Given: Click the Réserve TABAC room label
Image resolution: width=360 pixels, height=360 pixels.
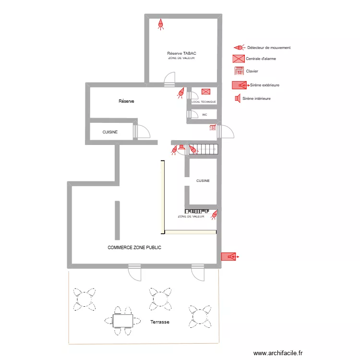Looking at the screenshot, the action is click(x=181, y=53).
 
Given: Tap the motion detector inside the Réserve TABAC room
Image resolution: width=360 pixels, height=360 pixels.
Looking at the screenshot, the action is click(x=161, y=24).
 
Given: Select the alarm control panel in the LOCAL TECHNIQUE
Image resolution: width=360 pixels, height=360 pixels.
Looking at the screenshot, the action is click(x=206, y=92).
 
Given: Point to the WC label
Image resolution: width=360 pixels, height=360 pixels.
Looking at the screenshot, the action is click(x=204, y=115).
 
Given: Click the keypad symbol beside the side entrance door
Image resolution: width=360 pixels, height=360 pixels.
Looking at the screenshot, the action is click(x=213, y=127).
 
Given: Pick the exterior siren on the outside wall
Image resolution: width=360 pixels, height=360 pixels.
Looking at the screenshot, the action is click(x=230, y=256).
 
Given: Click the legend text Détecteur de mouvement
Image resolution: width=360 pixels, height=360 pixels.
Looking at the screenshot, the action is click(x=269, y=48).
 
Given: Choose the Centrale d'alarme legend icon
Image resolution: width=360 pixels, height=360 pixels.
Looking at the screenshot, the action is click(x=239, y=59).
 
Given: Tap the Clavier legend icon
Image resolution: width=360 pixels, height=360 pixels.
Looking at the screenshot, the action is click(x=239, y=71).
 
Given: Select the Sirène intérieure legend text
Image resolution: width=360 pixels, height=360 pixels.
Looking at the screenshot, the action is click(x=256, y=98).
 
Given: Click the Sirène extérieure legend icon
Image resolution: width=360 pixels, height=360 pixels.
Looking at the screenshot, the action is click(x=240, y=85).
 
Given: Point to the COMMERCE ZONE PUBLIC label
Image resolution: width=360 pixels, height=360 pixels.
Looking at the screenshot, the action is click(x=134, y=248).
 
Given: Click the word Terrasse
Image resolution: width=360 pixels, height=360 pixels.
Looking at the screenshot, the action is click(x=160, y=322).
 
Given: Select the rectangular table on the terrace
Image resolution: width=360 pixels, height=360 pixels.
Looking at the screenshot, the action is click(x=123, y=321).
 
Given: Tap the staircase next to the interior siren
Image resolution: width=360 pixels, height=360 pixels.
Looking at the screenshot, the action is click(x=203, y=149).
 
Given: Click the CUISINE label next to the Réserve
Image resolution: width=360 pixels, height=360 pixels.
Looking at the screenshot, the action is click(x=110, y=132).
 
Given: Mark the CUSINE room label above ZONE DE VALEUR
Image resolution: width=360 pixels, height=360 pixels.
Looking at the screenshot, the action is click(x=203, y=180).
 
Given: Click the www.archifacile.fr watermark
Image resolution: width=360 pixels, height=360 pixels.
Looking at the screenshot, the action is click(x=278, y=353).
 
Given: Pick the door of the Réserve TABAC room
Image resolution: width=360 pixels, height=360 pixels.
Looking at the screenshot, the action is click(x=169, y=79).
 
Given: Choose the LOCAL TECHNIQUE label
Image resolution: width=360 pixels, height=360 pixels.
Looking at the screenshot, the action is click(x=204, y=102).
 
